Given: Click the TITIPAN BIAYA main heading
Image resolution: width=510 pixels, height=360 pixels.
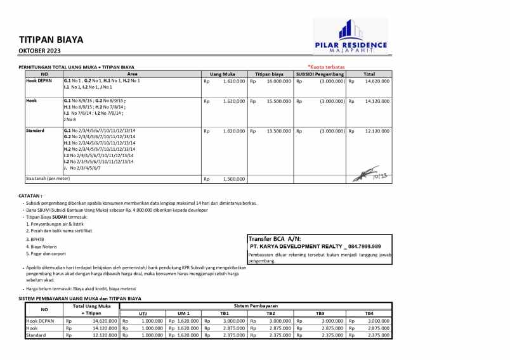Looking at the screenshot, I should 51,39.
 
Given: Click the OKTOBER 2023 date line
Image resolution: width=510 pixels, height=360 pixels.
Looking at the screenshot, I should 40,50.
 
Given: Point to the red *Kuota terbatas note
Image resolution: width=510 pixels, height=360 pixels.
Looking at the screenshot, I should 326,67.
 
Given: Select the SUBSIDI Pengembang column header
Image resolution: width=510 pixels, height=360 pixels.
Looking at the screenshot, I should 320,74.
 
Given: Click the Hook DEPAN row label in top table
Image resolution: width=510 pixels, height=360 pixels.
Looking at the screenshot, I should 39,81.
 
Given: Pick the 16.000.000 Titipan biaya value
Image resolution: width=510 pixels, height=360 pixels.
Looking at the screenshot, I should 278,81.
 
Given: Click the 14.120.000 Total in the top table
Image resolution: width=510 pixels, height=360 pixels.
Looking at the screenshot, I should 377,101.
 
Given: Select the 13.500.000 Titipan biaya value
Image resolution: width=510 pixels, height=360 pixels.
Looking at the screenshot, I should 278,131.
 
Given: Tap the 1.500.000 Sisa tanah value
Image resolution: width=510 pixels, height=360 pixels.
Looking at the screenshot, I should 234,179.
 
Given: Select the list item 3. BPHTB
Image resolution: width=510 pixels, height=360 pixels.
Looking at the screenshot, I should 37,239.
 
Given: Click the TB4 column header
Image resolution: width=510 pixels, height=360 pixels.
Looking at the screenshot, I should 369,313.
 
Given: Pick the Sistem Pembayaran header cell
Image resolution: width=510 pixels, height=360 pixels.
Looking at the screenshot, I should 256,305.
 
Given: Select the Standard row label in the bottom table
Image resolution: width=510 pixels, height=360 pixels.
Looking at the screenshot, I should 35,335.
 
